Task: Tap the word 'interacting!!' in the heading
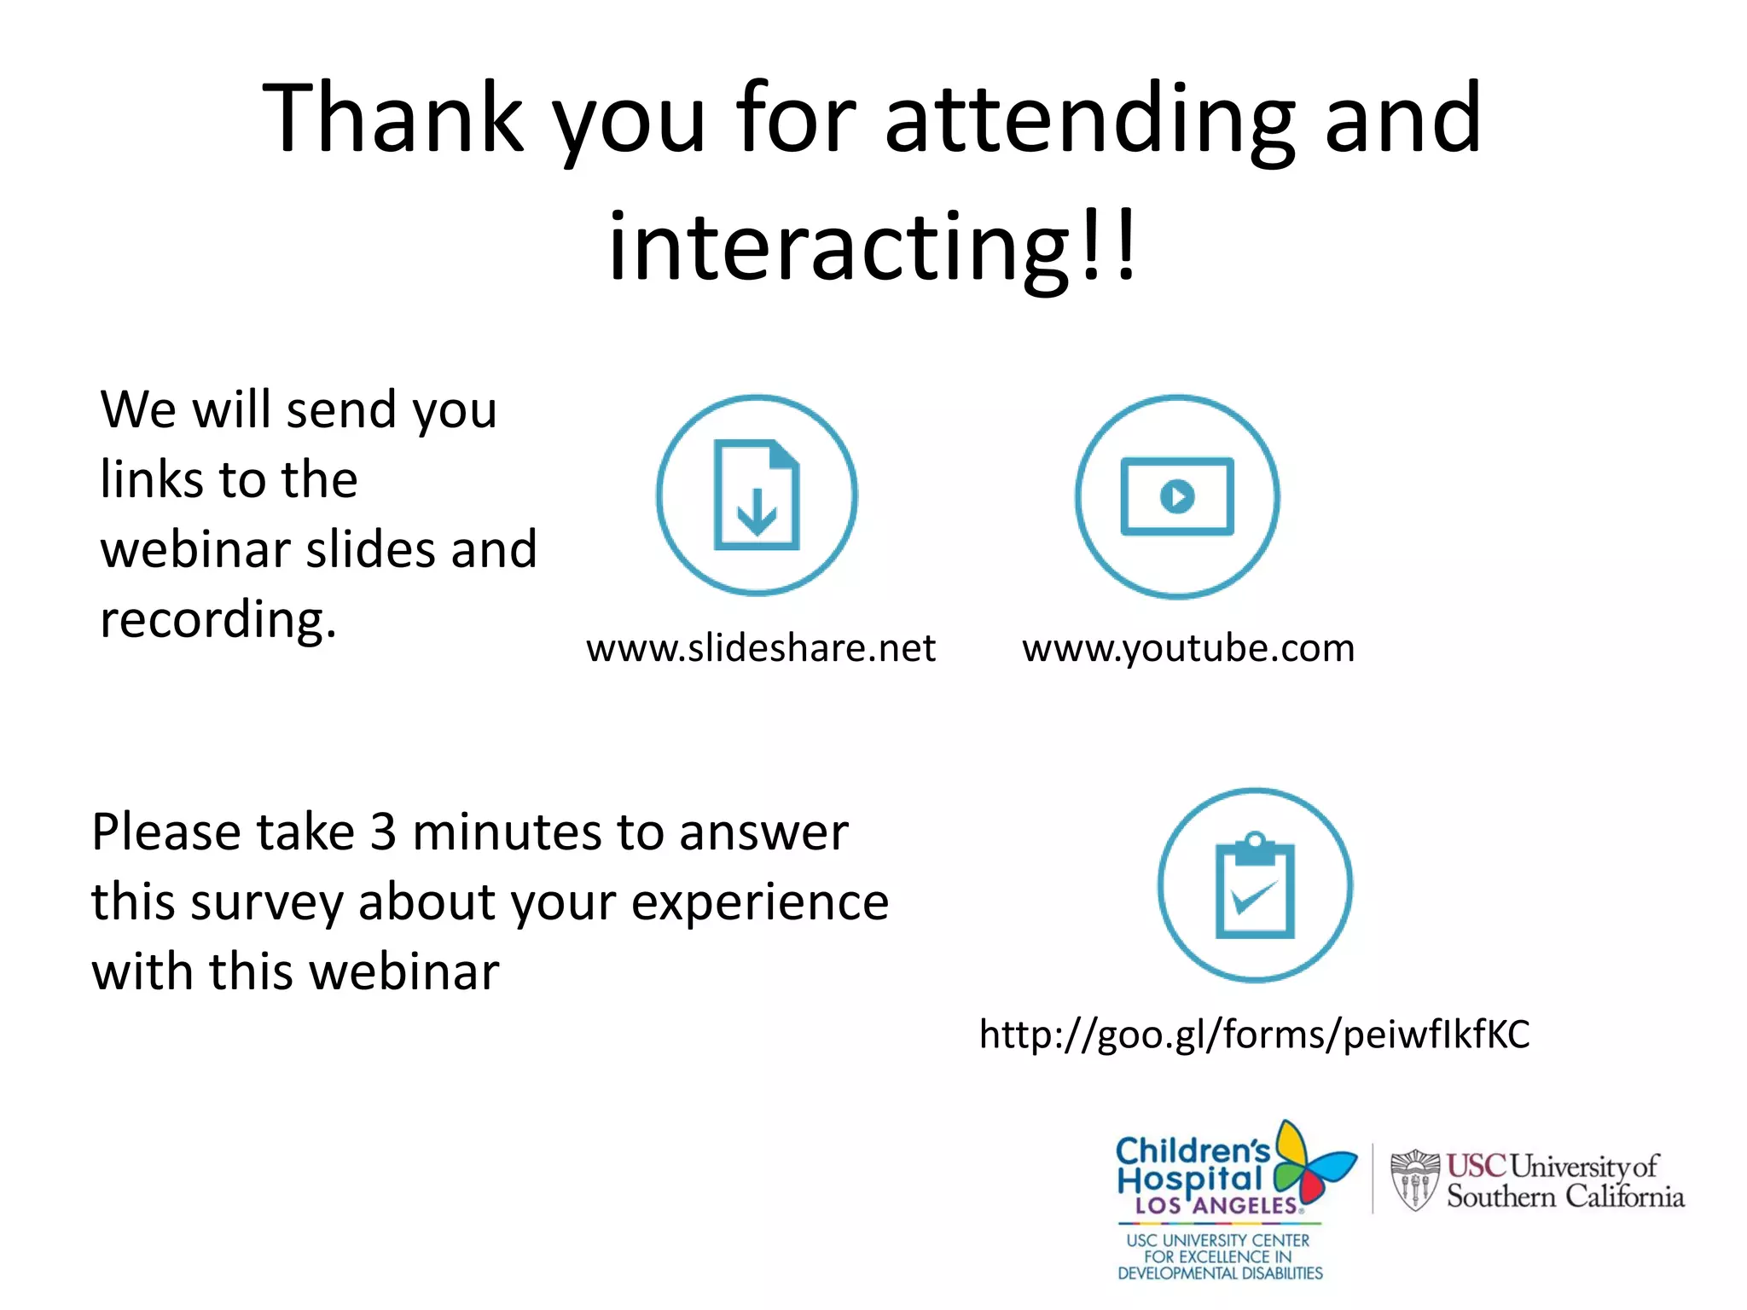[x=872, y=247]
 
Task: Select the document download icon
[x=757, y=496]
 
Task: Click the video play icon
[x=1177, y=496]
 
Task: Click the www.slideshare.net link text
[x=761, y=648]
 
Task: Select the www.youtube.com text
[x=1188, y=648]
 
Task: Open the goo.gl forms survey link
[x=1254, y=1035]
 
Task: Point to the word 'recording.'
[x=218, y=619]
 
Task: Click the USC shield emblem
[x=1414, y=1180]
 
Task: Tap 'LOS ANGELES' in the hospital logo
[x=1215, y=1206]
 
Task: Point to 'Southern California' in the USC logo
[x=1565, y=1197]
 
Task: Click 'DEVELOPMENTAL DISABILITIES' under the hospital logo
[x=1220, y=1273]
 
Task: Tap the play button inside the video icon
[x=1177, y=496]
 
